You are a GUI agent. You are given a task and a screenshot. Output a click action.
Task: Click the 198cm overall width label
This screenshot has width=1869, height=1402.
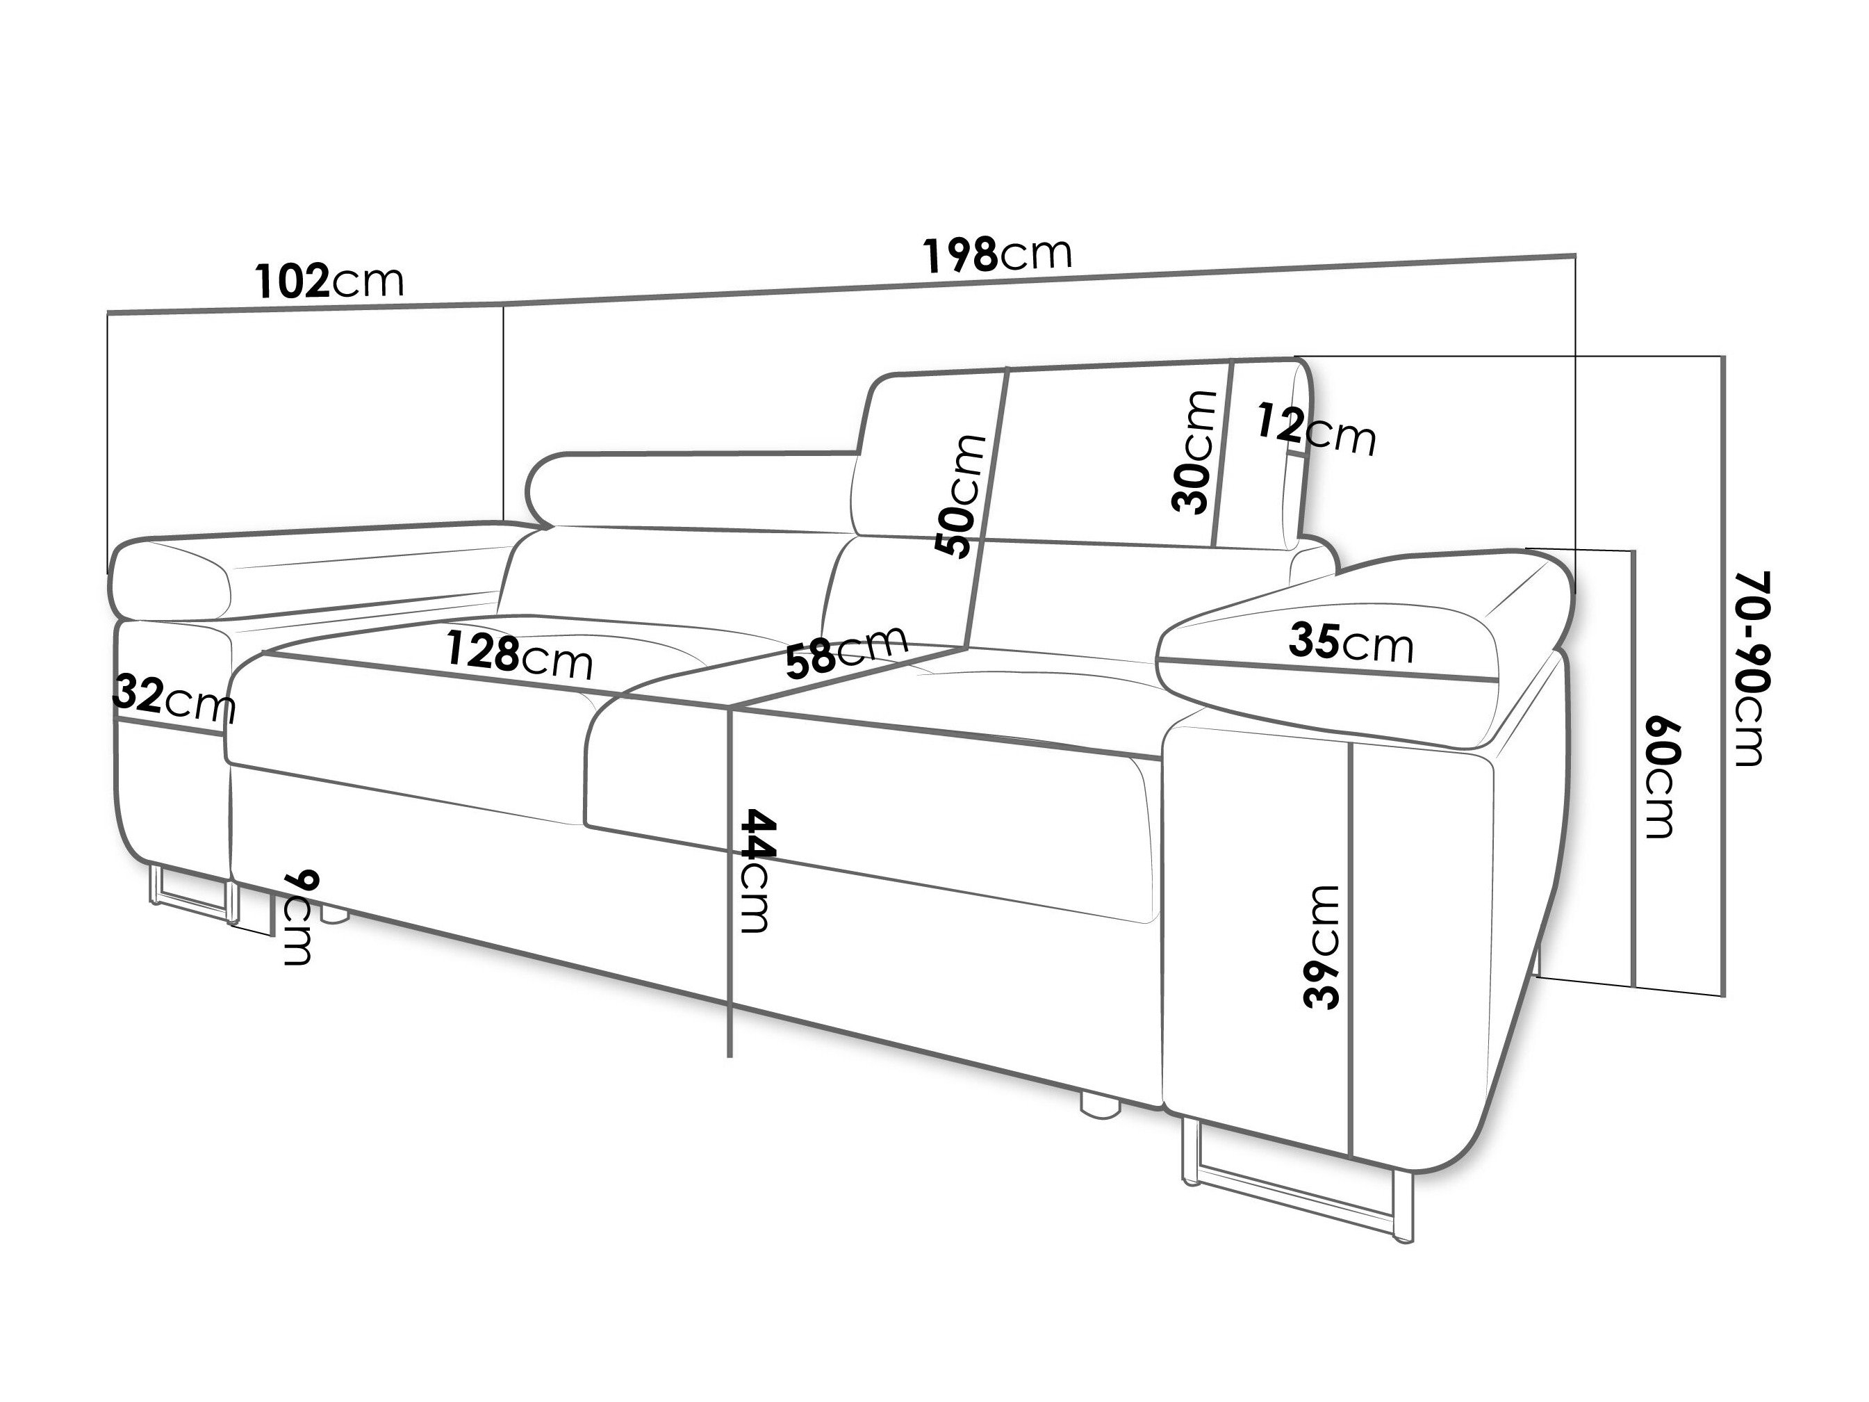(x=997, y=254)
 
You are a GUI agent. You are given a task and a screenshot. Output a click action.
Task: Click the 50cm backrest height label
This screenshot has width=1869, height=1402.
(x=961, y=496)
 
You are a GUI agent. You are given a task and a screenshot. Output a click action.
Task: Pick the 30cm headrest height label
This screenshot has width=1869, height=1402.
(x=1193, y=452)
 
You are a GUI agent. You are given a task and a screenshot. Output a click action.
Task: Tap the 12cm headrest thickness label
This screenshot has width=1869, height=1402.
(x=1315, y=430)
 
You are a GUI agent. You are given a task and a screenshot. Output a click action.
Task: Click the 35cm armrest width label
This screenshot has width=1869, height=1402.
(x=1350, y=643)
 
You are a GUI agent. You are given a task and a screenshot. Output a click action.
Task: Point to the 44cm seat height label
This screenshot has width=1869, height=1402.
(x=755, y=871)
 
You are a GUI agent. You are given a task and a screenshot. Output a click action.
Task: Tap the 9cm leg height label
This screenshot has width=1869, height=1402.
(x=297, y=917)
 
